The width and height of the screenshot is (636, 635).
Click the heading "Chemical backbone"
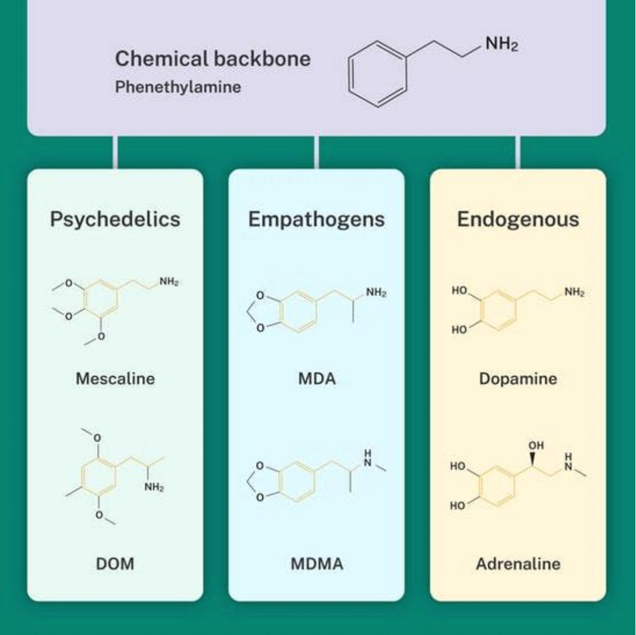pos(213,59)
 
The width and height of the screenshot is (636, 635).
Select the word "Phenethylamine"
pos(178,87)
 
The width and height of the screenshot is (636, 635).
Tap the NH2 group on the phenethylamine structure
pos(502,44)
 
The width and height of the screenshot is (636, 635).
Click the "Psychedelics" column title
pos(115,219)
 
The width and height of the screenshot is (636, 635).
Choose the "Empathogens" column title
pos(316,219)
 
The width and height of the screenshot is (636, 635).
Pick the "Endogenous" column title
pos(518,219)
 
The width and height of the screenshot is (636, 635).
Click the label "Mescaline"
pos(115,378)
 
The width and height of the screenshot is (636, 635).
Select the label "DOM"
pos(115,564)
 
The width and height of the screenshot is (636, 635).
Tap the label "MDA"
pos(317,378)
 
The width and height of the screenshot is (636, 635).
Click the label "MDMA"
pos(317,564)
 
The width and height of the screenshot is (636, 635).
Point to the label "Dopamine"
pos(518,378)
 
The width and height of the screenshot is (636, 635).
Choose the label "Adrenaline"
pos(518,564)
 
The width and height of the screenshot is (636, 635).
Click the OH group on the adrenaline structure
pos(536,445)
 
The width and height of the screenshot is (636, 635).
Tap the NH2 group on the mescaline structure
pos(169,281)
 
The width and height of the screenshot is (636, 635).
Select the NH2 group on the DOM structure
pos(154,487)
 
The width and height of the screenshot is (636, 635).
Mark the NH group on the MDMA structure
pos(367,458)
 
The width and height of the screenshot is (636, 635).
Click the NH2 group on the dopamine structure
pos(574,292)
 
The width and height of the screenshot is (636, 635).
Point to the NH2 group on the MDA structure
pos(376,293)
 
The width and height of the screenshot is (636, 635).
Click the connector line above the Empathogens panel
pos(317,152)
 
